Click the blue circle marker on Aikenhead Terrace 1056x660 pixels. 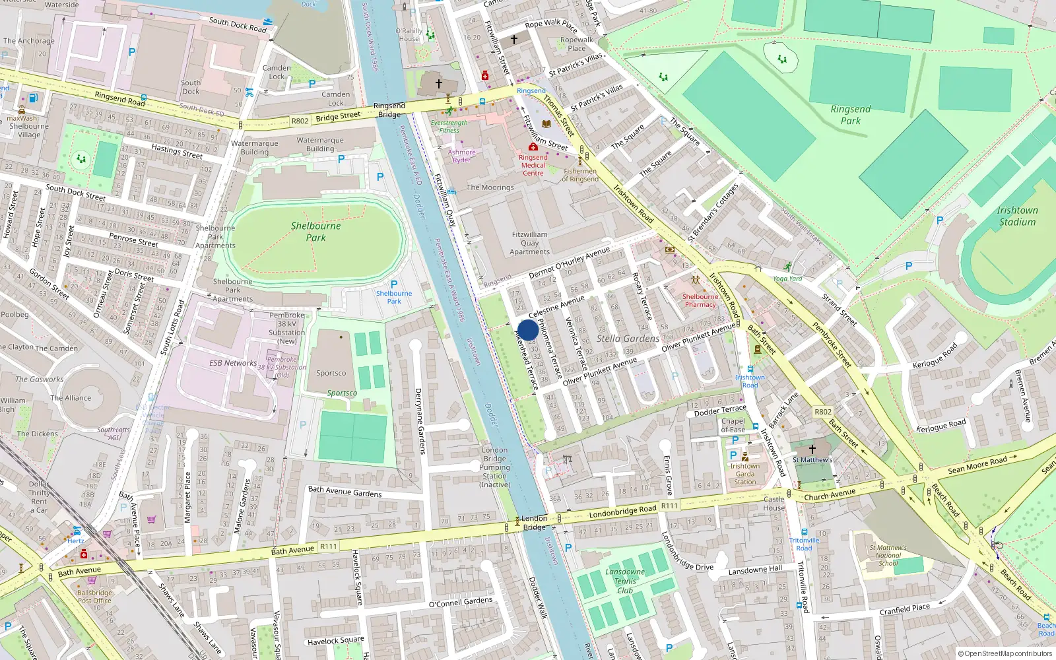[x=528, y=330]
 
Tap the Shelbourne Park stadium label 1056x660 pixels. [x=315, y=231]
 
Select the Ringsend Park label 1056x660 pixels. [x=850, y=115]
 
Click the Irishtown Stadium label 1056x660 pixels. [x=1017, y=216]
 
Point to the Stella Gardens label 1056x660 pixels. [x=628, y=339]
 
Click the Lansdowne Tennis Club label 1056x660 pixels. [x=624, y=581]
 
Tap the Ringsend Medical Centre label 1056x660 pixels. [x=533, y=165]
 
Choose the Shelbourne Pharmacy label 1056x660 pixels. [x=700, y=300]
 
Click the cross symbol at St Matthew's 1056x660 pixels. [x=812, y=449]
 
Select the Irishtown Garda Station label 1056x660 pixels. [x=744, y=473]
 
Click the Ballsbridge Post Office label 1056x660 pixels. [x=94, y=597]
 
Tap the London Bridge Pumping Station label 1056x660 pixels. [x=494, y=467]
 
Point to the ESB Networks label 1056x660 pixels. [x=233, y=363]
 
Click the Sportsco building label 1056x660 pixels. [x=331, y=373]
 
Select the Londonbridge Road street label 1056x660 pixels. [x=622, y=511]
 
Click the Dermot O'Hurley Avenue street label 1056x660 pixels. [x=569, y=263]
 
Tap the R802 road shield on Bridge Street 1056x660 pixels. [x=300, y=121]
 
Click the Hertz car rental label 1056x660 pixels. [x=75, y=541]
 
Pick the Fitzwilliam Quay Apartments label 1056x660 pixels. [x=529, y=243]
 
